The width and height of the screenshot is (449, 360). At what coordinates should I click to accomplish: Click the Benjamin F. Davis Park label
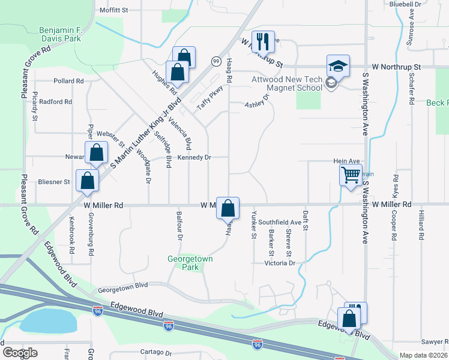pos(60,34)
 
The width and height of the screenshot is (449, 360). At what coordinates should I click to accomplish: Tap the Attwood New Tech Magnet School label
pos(287,83)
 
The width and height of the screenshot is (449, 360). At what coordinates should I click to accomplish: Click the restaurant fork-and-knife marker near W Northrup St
pos(263,41)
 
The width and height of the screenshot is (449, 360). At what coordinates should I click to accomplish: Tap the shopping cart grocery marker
pos(351,176)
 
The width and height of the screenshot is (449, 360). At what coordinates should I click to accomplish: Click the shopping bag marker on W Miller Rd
pos(228,208)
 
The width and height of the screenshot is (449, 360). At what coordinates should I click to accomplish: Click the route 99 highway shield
pos(215,61)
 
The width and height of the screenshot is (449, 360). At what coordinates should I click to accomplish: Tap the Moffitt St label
pos(114,10)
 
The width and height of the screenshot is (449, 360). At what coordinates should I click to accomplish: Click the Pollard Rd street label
pos(68,81)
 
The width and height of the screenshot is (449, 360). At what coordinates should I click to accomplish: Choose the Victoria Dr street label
pos(280,263)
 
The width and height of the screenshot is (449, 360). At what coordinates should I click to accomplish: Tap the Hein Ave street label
pos(346,161)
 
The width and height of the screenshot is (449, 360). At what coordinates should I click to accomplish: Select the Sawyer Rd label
pos(434,341)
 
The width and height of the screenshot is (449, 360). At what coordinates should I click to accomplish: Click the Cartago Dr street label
pos(156,353)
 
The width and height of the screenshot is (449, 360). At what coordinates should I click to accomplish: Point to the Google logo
pos(20,353)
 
